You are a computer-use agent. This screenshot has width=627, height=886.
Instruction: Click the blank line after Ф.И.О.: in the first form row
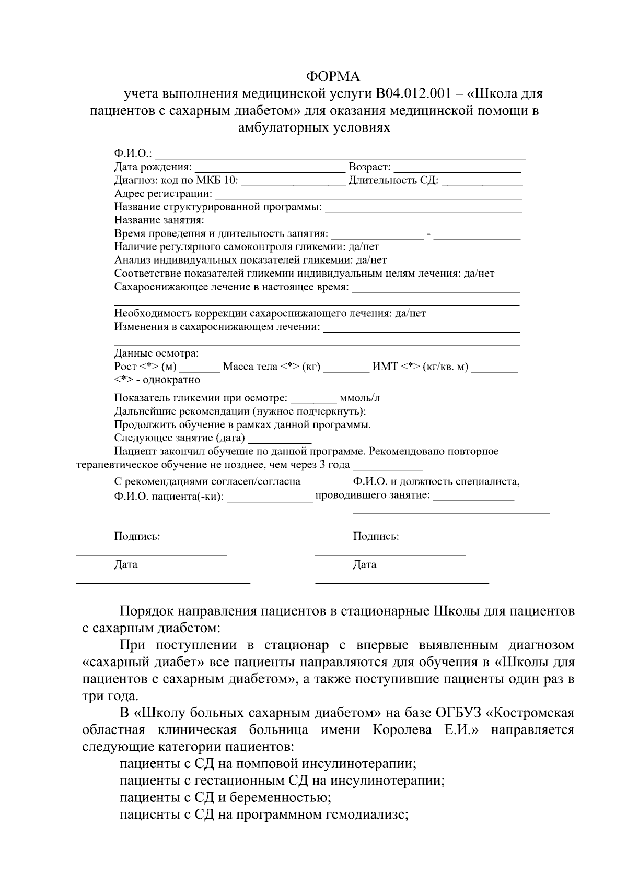(x=340, y=155)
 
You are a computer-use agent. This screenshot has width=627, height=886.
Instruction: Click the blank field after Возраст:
(x=457, y=168)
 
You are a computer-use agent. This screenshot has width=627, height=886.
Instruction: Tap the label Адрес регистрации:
(x=163, y=194)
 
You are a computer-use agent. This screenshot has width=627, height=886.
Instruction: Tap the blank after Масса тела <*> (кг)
(x=346, y=368)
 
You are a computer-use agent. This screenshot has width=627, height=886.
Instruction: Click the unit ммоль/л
(x=359, y=398)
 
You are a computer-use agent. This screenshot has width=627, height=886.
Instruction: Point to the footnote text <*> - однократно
(x=157, y=380)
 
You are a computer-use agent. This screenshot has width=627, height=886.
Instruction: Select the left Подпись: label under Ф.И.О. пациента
(x=137, y=536)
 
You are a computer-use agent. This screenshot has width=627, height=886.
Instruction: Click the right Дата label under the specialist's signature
(x=364, y=564)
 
